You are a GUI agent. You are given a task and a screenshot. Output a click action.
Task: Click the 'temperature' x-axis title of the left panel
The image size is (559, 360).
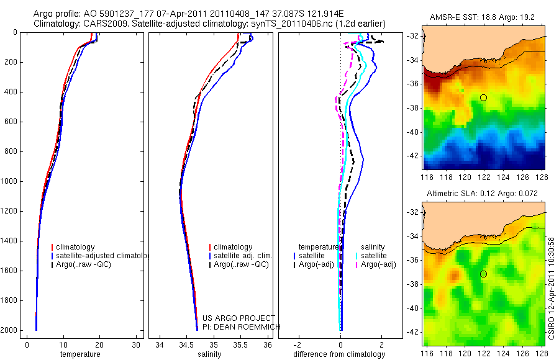pyautogui.click(x=80, y=354)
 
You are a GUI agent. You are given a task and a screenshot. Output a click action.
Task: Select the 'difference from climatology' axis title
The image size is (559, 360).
pyautogui.click(x=340, y=354)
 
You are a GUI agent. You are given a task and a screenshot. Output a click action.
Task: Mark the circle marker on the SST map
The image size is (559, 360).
pyautogui.click(x=483, y=97)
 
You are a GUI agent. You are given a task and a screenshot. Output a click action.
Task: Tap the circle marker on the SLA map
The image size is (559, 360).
pyautogui.click(x=483, y=274)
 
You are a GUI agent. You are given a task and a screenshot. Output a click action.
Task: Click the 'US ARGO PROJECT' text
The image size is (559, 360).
pyautogui.click(x=238, y=318)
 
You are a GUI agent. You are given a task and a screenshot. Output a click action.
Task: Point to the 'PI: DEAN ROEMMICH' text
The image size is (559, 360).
pyautogui.click(x=242, y=326)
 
